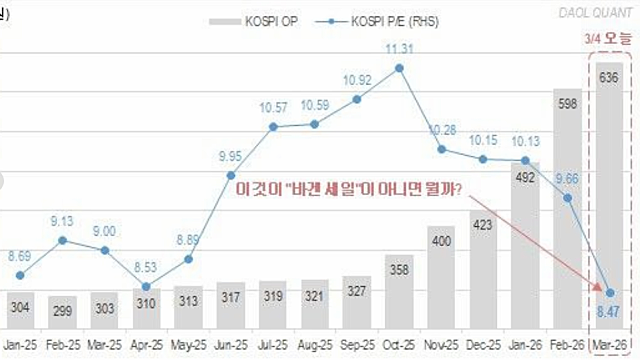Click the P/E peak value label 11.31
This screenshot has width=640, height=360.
coord(399,47)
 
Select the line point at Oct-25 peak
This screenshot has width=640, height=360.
coord(399,68)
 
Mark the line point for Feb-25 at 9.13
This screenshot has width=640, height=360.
coord(63,240)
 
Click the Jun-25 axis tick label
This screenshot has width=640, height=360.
coord(229,346)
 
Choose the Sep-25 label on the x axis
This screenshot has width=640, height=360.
coord(356,346)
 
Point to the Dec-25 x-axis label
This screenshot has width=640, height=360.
coord(483,346)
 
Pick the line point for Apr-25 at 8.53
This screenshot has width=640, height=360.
coord(147,290)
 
